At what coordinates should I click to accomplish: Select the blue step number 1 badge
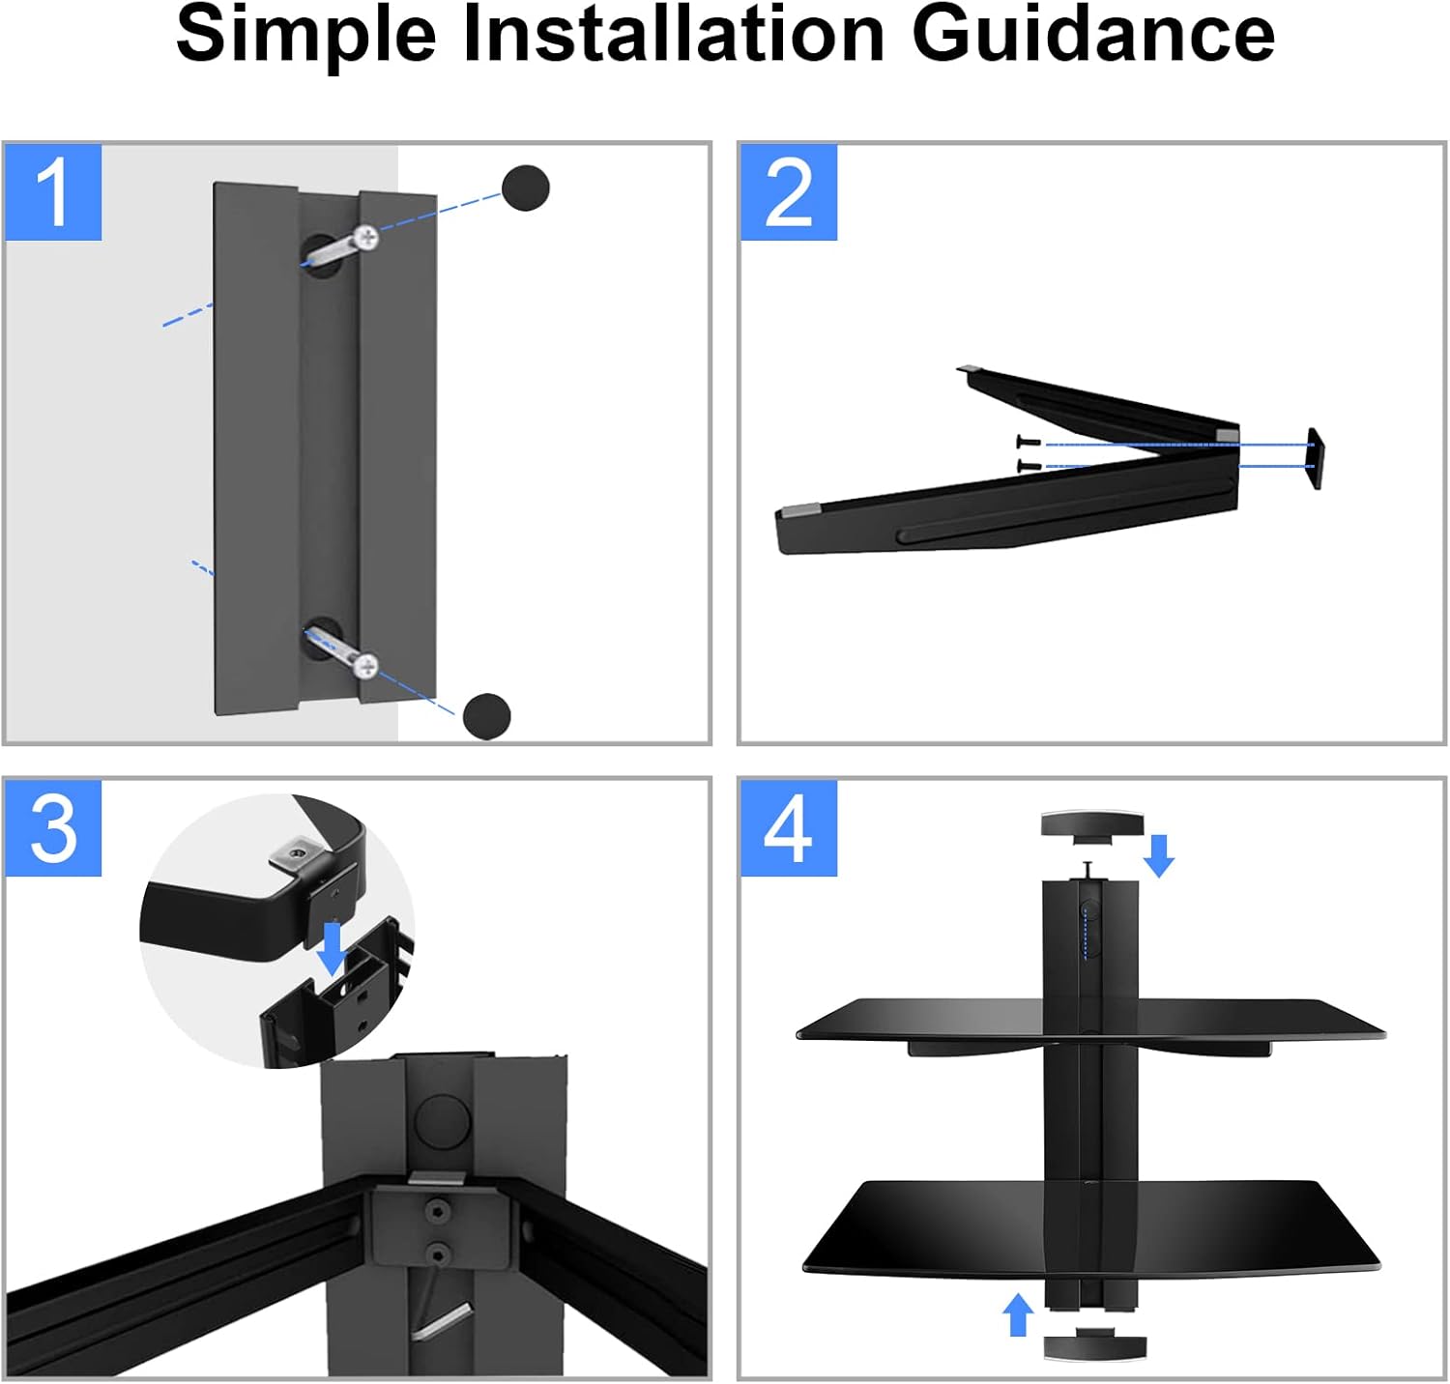[53, 192]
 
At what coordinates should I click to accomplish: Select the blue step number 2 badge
[789, 192]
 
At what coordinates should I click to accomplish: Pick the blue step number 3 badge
[53, 828]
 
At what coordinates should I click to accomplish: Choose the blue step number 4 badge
[789, 828]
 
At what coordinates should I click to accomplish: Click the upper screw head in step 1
[366, 237]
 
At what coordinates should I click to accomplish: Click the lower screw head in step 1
[365, 665]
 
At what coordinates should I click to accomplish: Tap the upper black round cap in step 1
[526, 187]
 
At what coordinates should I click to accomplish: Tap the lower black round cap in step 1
[486, 716]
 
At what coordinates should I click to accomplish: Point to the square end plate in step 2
[1315, 459]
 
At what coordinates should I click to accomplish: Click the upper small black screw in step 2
[1029, 443]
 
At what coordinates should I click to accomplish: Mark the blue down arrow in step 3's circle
[332, 948]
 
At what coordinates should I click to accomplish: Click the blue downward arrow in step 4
[1159, 854]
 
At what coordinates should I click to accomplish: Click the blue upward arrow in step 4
[1017, 1314]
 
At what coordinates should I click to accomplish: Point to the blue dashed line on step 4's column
[1086, 933]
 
